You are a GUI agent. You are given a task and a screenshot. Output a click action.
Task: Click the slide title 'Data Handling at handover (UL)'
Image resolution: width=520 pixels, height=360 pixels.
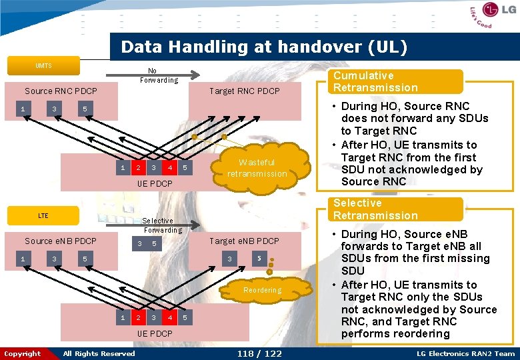click(x=263, y=47)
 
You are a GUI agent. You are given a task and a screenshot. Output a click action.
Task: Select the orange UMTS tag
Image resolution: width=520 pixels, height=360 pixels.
click(x=43, y=66)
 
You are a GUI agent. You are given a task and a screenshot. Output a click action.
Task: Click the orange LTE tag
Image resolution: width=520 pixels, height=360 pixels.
click(x=43, y=216)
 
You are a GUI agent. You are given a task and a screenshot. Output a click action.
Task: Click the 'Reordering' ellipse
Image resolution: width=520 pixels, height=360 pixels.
click(x=262, y=291)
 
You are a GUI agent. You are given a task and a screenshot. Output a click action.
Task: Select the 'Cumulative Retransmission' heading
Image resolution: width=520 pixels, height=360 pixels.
click(x=375, y=81)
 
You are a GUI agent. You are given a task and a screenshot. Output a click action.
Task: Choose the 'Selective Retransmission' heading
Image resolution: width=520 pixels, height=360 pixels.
click(x=375, y=209)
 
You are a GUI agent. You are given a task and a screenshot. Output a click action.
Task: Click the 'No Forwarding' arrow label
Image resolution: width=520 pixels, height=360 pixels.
click(x=159, y=75)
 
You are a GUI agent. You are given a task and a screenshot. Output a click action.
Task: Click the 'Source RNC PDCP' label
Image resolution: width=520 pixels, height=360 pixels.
click(x=61, y=91)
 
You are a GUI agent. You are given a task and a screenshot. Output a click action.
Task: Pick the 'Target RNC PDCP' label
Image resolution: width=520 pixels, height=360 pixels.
click(x=245, y=91)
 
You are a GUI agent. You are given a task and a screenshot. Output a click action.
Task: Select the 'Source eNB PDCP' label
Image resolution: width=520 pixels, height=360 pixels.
click(x=61, y=241)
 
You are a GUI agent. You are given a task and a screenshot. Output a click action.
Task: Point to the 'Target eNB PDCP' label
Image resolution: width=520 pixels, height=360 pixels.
click(x=245, y=241)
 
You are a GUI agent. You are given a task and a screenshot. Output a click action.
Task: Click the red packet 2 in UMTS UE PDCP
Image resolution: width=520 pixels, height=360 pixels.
click(x=138, y=167)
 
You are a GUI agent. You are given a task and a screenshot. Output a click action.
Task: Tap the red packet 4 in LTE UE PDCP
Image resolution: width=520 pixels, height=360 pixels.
click(x=170, y=317)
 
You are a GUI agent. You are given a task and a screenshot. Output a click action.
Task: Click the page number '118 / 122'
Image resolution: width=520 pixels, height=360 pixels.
click(x=259, y=353)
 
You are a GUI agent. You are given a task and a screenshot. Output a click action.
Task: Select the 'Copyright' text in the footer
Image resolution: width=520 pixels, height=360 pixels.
click(x=22, y=353)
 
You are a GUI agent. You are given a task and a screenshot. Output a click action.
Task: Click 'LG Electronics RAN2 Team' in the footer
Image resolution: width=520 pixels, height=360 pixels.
click(x=465, y=353)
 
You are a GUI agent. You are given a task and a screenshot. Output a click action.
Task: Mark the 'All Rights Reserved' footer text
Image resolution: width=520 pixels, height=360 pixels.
click(x=99, y=353)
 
